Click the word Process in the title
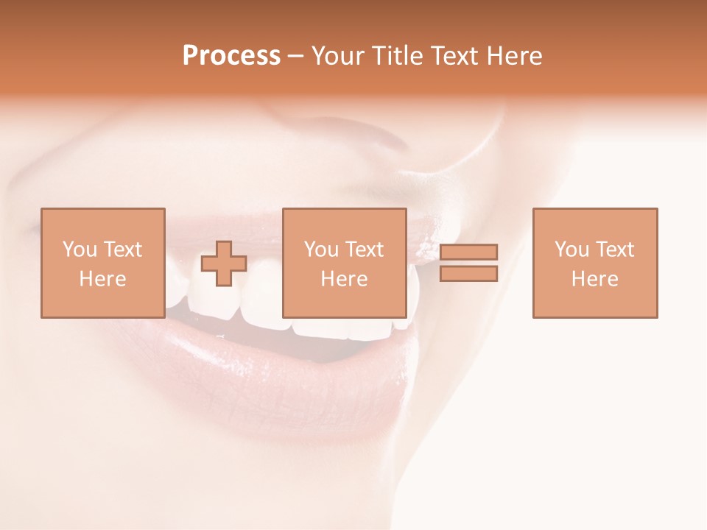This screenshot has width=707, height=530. click(x=231, y=56)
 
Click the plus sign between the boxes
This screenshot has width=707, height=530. click(x=224, y=263)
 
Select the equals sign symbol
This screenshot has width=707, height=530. click(x=468, y=263)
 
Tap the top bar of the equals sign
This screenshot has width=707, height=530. click(x=468, y=252)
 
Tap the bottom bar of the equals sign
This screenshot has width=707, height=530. click(x=468, y=274)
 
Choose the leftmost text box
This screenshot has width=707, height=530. click(x=102, y=263)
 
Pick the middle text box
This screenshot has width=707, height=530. click(x=344, y=263)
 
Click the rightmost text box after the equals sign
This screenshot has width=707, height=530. click(x=594, y=263)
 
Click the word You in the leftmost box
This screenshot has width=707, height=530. click(x=78, y=250)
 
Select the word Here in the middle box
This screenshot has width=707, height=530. click(x=344, y=279)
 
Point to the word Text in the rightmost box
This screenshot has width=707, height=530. click(x=614, y=250)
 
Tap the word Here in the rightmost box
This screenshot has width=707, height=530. click(x=594, y=279)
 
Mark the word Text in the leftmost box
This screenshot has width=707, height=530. click(x=122, y=250)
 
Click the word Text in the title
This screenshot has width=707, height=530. click(x=451, y=56)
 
